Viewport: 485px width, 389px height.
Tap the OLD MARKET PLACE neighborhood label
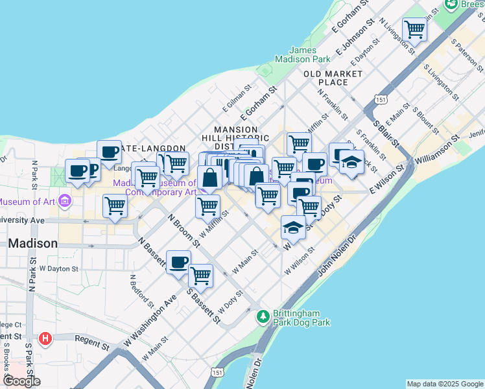click(334, 78)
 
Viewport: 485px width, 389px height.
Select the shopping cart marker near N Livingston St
click(414, 29)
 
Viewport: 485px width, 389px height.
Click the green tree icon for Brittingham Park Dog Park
click(263, 317)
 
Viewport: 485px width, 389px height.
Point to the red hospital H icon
click(45, 338)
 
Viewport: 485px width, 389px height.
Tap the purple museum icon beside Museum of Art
click(64, 200)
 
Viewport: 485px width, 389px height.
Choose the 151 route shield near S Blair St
click(381, 99)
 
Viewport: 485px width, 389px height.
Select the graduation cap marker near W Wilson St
click(293, 228)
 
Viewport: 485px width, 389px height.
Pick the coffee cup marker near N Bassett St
click(178, 262)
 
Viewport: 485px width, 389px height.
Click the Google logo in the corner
click(21, 381)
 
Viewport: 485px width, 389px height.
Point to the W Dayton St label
click(58, 268)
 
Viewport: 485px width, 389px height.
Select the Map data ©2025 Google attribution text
click(445, 384)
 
